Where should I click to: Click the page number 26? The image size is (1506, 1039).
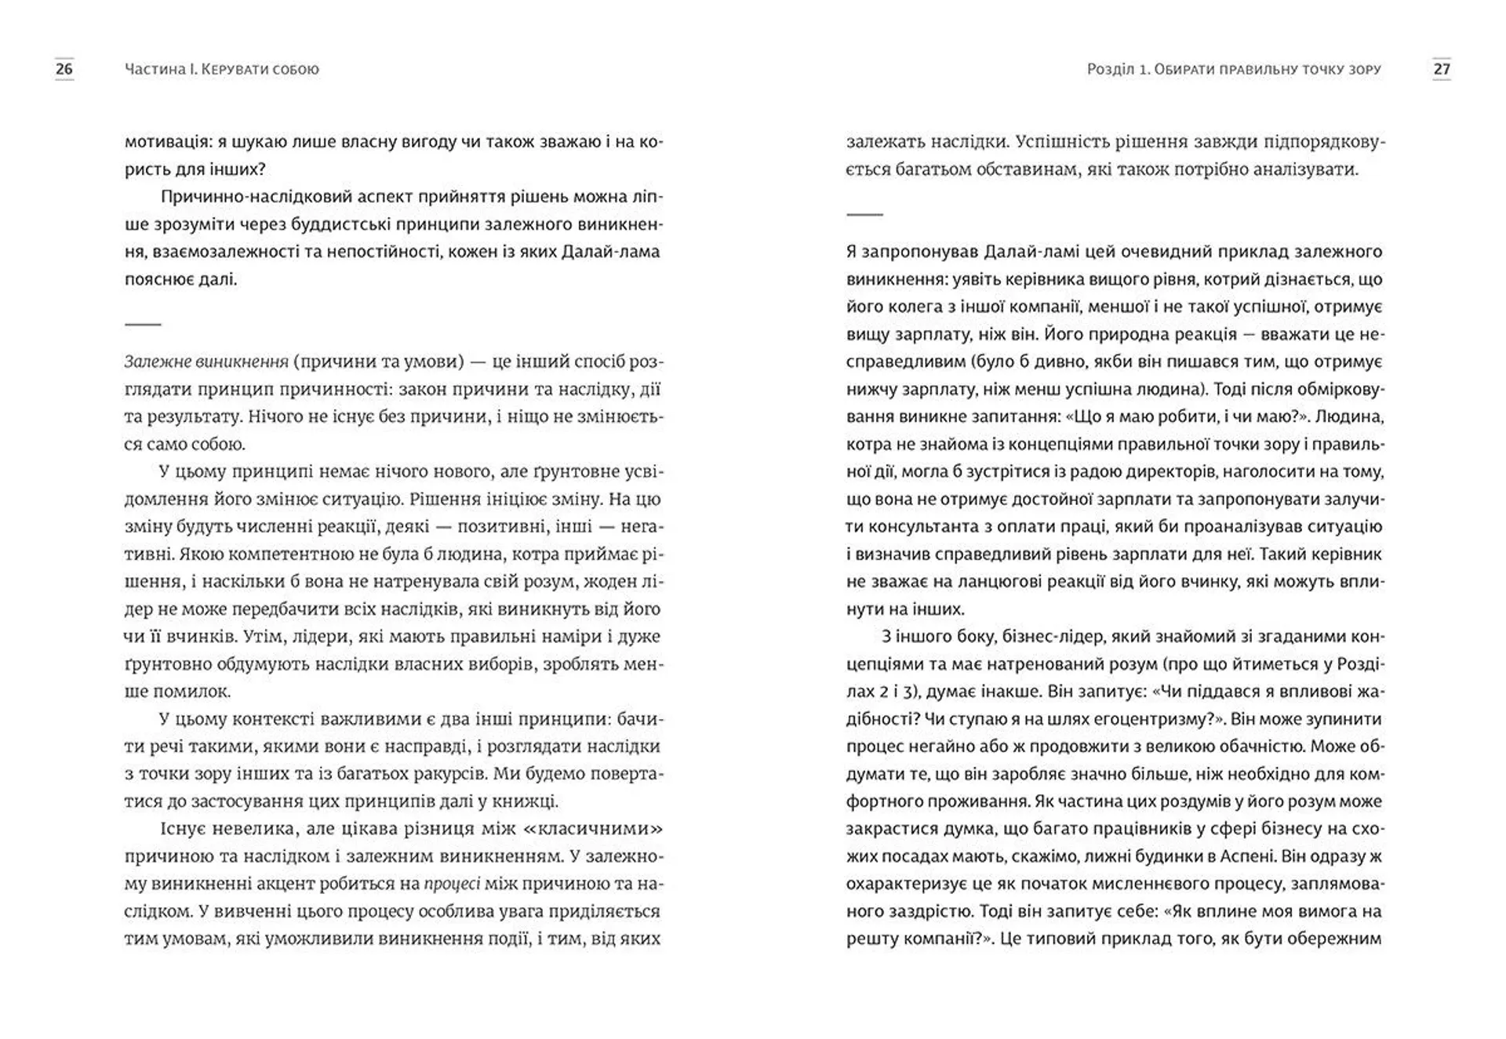[x=64, y=69]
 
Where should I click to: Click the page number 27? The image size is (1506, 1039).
[x=1441, y=69]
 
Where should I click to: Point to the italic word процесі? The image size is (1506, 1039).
[x=452, y=884]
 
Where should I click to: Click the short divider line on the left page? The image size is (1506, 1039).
[x=143, y=324]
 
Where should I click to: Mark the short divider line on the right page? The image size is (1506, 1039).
[x=864, y=214]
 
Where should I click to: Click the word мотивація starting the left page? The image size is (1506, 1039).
[x=162, y=142]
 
